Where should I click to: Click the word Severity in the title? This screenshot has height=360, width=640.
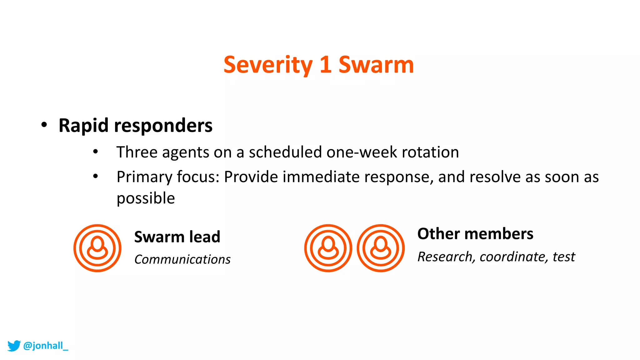[268, 65]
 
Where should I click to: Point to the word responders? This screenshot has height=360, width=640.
[163, 126]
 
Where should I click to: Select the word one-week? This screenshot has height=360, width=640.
[362, 152]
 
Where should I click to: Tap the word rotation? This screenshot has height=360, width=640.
[430, 152]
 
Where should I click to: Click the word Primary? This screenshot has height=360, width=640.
[144, 177]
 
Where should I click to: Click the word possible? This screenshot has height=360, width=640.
[146, 198]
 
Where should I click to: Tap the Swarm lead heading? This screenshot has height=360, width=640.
[177, 237]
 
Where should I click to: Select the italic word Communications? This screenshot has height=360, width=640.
[182, 259]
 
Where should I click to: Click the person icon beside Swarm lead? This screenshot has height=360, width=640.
[97, 248]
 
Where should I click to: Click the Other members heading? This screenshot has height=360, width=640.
[475, 234]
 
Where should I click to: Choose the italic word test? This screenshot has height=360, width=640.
[564, 257]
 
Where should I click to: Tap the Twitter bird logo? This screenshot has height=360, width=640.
[14, 346]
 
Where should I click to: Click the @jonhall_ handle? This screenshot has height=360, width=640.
[46, 346]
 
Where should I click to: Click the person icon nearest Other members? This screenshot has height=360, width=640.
[381, 248]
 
